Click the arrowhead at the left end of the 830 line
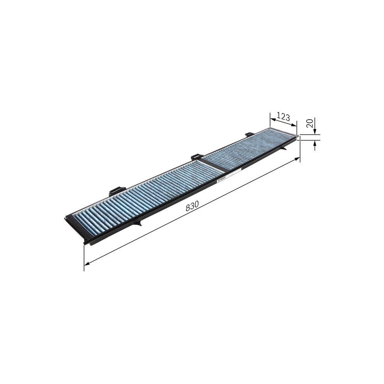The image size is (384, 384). (x=86, y=263)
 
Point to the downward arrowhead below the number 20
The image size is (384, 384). (x=314, y=133)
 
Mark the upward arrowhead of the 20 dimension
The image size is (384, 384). (x=314, y=144)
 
